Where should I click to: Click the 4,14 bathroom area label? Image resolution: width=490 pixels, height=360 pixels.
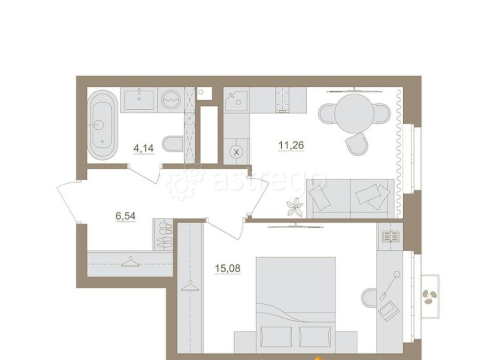tap(144, 148)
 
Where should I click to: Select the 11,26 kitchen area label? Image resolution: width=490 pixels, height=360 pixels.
tap(291, 145)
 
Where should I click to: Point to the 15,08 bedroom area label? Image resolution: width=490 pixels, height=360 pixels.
tap(227, 268)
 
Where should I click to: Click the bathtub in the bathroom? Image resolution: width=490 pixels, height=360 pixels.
tap(102, 125)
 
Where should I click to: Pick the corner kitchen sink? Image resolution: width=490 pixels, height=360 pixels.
tap(237, 99)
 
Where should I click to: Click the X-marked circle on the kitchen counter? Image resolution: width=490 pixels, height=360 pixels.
tap(236, 152)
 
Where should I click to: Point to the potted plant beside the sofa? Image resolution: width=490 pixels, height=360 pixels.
tap(294, 207)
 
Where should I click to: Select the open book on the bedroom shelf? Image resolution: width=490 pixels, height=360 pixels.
tap(391, 236)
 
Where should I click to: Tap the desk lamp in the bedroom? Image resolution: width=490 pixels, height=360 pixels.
tap(389, 286)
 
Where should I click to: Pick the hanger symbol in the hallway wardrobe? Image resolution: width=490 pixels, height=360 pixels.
tap(130, 262)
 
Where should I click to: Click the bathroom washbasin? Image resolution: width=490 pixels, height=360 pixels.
tap(139, 99)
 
